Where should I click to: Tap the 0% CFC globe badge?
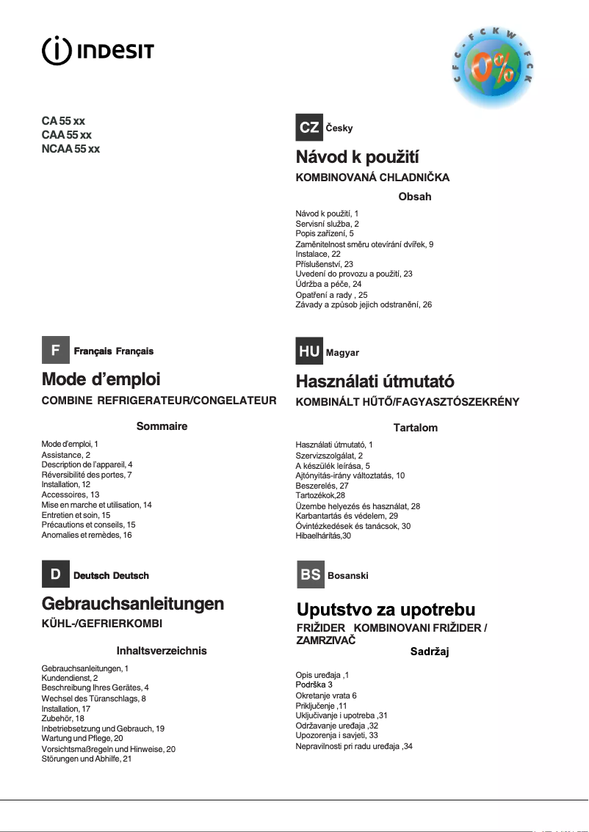coord(494,67)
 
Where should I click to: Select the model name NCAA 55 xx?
coord(71,149)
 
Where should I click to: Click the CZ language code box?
coord(309,127)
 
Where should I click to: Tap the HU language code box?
coord(309,351)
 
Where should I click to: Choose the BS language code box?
coord(311,574)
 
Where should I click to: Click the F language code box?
coord(55,351)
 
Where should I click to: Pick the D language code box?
coord(55,574)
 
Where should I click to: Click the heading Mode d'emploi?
coord(101,379)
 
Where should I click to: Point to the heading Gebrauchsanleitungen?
coord(133,604)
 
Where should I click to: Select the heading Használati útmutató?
coord(375,382)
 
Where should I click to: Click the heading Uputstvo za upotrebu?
coord(386,610)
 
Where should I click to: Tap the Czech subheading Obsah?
coord(414,197)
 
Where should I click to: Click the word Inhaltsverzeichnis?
coord(162,650)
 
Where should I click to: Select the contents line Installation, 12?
coord(65,485)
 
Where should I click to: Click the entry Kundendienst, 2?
coord(70,678)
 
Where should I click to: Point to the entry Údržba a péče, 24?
coord(328,284)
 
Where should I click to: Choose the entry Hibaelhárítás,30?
coord(323,536)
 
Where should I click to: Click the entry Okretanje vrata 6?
coord(325,695)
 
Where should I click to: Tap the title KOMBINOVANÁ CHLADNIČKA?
coord(372,178)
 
